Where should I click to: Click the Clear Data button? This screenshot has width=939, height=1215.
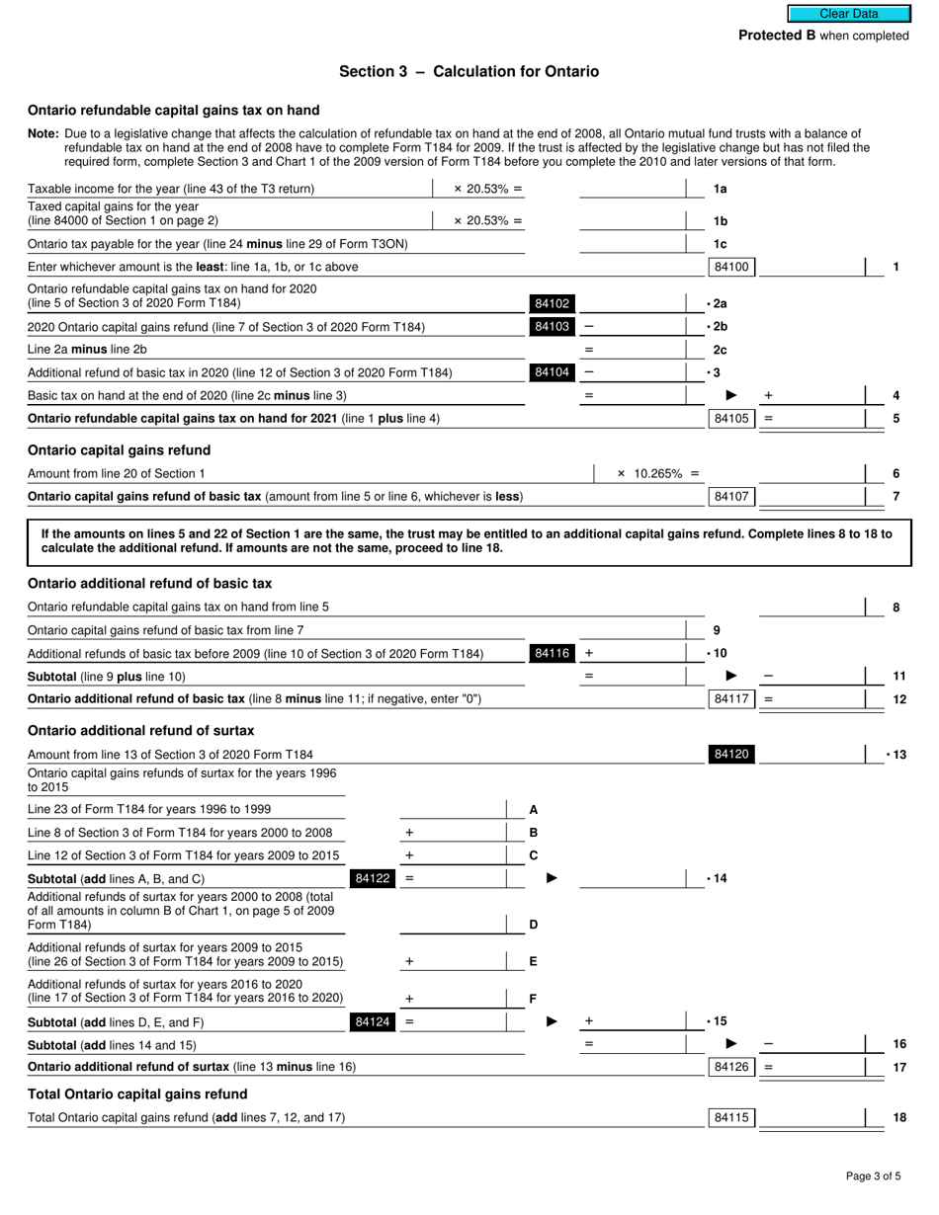848,14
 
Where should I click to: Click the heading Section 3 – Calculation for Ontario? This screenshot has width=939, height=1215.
469,71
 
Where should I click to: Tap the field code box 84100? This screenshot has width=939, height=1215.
731,267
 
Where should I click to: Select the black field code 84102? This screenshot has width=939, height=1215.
552,304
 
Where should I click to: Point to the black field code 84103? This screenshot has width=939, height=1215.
552,327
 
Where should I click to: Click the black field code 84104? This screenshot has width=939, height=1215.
552,372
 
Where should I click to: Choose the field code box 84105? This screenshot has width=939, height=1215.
731,419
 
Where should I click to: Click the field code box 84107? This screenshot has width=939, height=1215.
731,496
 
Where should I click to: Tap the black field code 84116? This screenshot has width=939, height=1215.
552,653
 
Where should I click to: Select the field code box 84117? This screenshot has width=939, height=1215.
731,699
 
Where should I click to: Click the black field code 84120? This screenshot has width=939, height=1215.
731,755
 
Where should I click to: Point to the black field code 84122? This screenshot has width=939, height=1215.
372,878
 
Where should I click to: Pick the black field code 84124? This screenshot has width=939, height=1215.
372,1022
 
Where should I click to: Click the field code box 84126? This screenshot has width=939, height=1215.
731,1067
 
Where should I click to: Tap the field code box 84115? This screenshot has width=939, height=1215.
731,1118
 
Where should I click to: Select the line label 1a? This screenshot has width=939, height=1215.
721,189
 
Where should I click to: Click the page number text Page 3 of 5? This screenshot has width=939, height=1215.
873,1175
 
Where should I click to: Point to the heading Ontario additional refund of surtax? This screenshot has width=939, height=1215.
140,731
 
